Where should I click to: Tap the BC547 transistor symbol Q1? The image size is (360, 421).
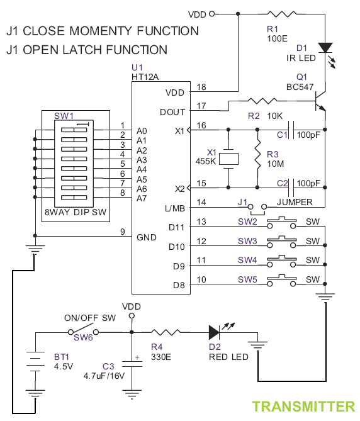[x=320, y=101]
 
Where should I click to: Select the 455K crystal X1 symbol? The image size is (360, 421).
[x=228, y=159]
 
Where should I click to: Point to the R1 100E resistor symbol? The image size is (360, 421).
[x=282, y=14]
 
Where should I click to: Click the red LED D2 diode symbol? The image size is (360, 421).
[x=214, y=332]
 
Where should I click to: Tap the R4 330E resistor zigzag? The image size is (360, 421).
[x=166, y=332]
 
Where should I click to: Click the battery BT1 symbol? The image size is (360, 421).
[x=35, y=361]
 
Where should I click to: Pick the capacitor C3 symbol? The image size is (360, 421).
[x=132, y=364]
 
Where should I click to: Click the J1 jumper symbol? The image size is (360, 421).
[x=257, y=209]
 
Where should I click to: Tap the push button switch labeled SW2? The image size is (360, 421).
[x=281, y=222]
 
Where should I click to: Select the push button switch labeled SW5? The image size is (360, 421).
[x=281, y=280]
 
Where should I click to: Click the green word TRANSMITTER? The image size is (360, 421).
[x=303, y=407]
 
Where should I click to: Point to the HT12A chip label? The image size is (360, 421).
[x=145, y=77]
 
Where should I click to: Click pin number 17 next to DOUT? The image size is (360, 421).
[x=201, y=106]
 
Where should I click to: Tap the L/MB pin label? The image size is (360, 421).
[x=175, y=208]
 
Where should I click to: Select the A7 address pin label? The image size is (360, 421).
[x=142, y=198]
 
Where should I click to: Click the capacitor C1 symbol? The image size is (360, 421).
[x=291, y=130]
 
